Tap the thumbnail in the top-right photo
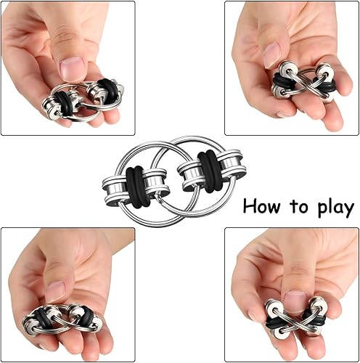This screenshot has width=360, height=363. [x=272, y=54]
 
